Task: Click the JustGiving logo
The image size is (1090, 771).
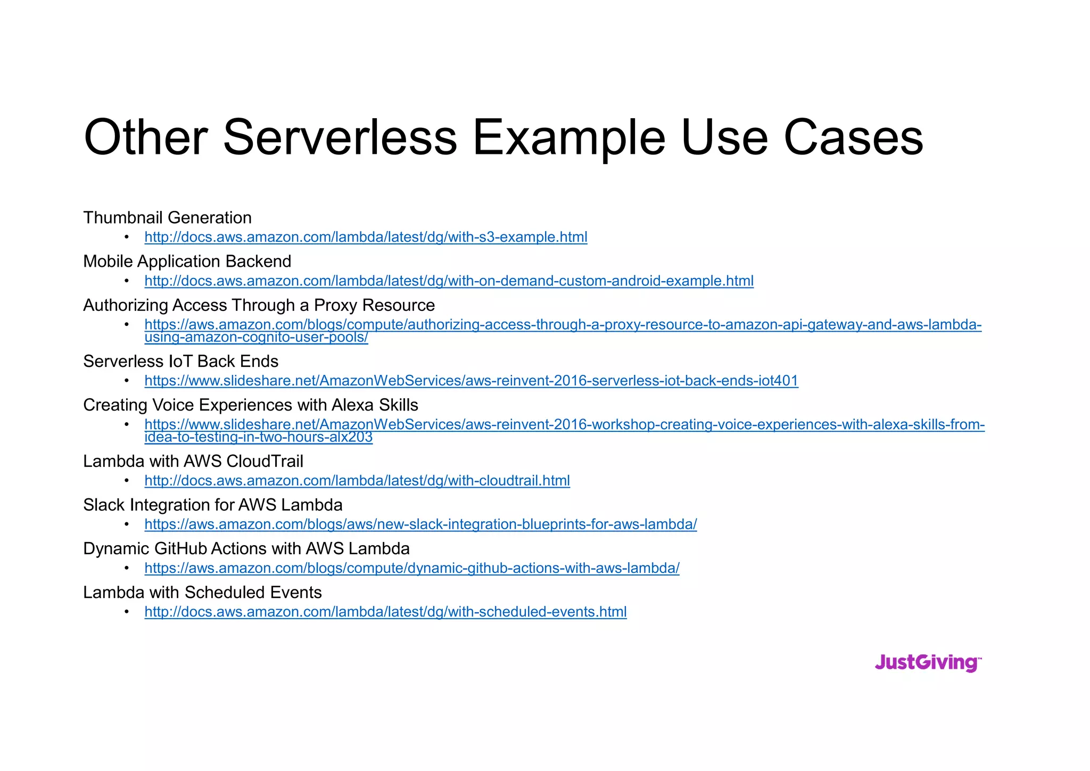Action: (928, 663)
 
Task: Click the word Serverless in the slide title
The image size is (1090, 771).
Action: (340, 137)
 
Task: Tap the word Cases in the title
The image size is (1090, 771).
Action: (853, 137)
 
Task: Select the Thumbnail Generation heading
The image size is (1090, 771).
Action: (167, 218)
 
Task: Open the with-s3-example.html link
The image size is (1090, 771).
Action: (366, 237)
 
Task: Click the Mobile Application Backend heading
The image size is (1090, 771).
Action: (187, 261)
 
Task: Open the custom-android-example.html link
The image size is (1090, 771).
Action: (449, 281)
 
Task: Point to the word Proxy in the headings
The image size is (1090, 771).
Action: (335, 305)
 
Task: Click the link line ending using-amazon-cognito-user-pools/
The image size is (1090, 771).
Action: (256, 338)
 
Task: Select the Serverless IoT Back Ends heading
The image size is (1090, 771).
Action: (180, 362)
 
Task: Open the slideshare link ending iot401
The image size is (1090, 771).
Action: (471, 381)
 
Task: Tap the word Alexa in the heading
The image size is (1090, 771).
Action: (353, 405)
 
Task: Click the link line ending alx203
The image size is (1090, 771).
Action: (258, 438)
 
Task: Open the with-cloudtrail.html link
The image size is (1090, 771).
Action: (357, 481)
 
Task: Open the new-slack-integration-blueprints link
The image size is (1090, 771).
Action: (420, 524)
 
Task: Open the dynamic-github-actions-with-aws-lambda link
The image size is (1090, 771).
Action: (412, 568)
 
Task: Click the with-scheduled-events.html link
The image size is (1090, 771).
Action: (385, 612)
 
